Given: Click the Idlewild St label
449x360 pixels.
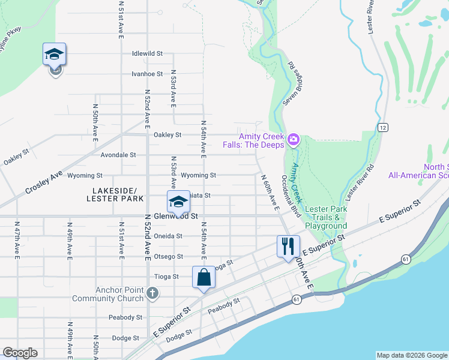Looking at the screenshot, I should click(147, 53).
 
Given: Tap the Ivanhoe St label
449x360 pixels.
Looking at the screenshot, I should click(147, 74).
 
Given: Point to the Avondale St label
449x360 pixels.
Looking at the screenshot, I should click(135, 155).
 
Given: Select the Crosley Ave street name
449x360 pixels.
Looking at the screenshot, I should click(44, 181).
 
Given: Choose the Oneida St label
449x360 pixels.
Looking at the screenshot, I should click(167, 236).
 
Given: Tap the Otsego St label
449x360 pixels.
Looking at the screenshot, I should click(168, 256).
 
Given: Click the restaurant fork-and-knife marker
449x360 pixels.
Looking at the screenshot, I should click(288, 245).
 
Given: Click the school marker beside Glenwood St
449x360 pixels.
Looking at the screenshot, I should click(178, 202).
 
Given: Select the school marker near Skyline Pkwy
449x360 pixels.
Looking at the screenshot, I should click(54, 55).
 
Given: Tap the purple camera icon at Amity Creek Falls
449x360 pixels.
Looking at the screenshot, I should click(294, 140).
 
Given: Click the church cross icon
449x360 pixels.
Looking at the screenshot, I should click(152, 293).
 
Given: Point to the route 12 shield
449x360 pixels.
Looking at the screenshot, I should click(382, 127).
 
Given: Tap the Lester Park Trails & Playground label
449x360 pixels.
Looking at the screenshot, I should click(326, 217).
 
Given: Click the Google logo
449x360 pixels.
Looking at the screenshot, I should click(20, 353).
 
